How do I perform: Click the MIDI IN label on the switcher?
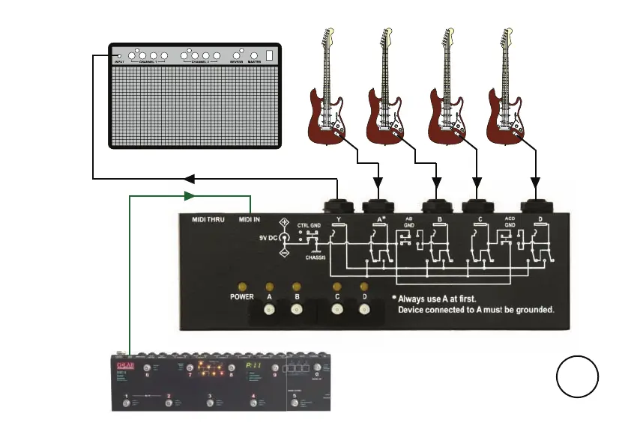[250, 219]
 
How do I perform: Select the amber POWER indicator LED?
[242, 287]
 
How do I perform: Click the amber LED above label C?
[337, 287]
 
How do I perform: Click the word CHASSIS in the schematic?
[318, 259]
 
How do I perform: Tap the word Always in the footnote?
[417, 297]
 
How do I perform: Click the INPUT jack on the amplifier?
[119, 55]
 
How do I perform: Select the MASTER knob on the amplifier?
[253, 55]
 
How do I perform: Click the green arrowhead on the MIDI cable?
[189, 196]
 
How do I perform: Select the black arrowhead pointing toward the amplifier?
[189, 179]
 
